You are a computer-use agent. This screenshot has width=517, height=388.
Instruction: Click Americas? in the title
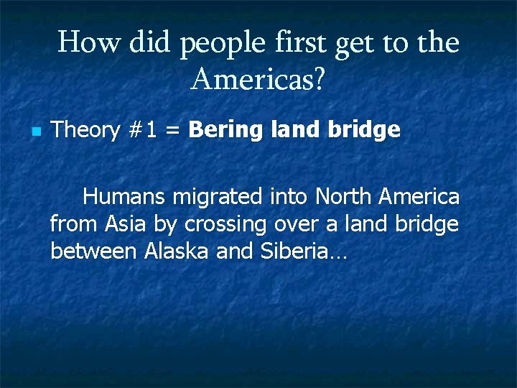coord(258,80)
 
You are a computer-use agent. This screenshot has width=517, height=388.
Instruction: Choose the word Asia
coord(126,224)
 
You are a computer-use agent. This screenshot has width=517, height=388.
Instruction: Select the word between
coord(93,251)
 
